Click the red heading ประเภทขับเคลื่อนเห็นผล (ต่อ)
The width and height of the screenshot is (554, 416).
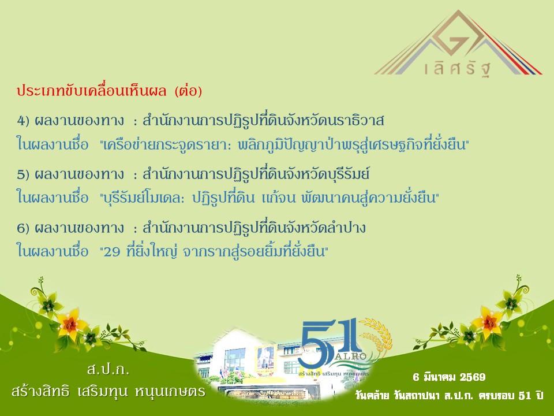(110, 92)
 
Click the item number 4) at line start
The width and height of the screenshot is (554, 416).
(23, 121)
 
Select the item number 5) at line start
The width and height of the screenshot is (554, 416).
(23, 174)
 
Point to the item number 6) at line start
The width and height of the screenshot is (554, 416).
(23, 228)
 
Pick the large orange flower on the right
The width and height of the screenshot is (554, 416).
(487, 321)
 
